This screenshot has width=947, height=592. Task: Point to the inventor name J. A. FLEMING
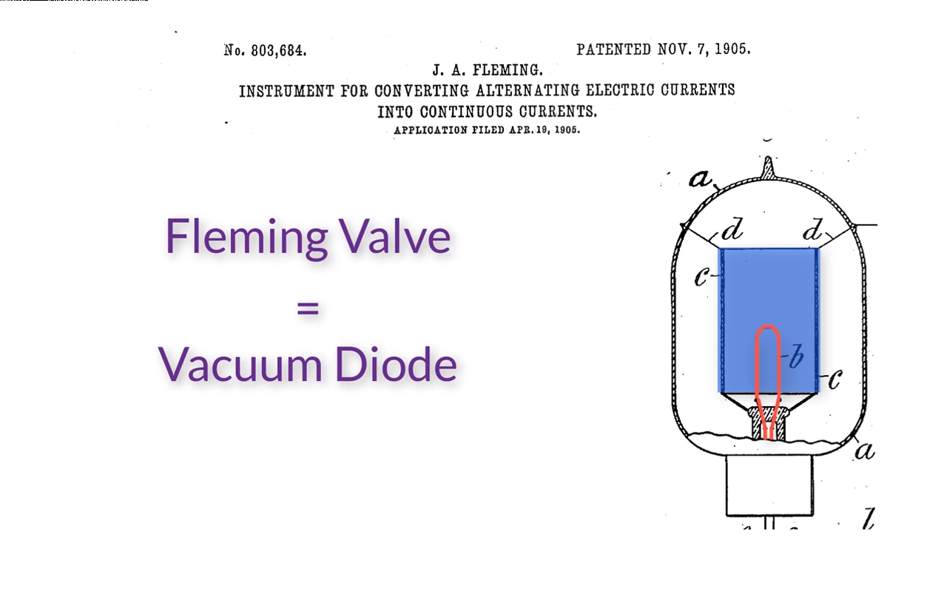pyautogui.click(x=488, y=70)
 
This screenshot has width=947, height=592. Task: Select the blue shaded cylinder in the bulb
pyautogui.click(x=769, y=289)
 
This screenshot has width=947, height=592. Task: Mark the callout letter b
pyautogui.click(x=795, y=357)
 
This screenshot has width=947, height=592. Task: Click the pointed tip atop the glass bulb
pyautogui.click(x=769, y=166)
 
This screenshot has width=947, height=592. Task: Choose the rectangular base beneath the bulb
pyautogui.click(x=769, y=485)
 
